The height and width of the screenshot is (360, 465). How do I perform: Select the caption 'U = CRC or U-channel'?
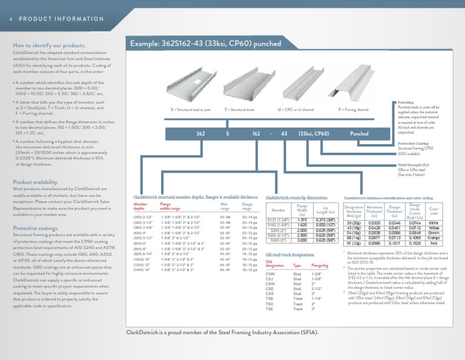point(295,110)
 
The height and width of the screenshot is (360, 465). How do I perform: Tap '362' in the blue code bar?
point(201,133)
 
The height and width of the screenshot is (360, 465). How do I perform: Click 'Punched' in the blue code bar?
point(359,133)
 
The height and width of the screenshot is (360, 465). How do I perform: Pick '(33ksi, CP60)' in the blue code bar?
point(314,133)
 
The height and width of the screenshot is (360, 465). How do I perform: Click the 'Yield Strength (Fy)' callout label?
point(414,165)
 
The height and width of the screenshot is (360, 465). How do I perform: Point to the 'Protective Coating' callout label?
point(414,144)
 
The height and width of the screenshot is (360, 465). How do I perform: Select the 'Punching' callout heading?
point(406,103)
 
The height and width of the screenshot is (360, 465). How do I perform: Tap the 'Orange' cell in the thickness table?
point(434,238)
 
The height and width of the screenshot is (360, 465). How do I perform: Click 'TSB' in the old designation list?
point(271,299)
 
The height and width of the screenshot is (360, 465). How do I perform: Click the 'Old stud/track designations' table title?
point(290,255)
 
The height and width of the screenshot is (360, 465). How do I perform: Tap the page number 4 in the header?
point(10,19)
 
